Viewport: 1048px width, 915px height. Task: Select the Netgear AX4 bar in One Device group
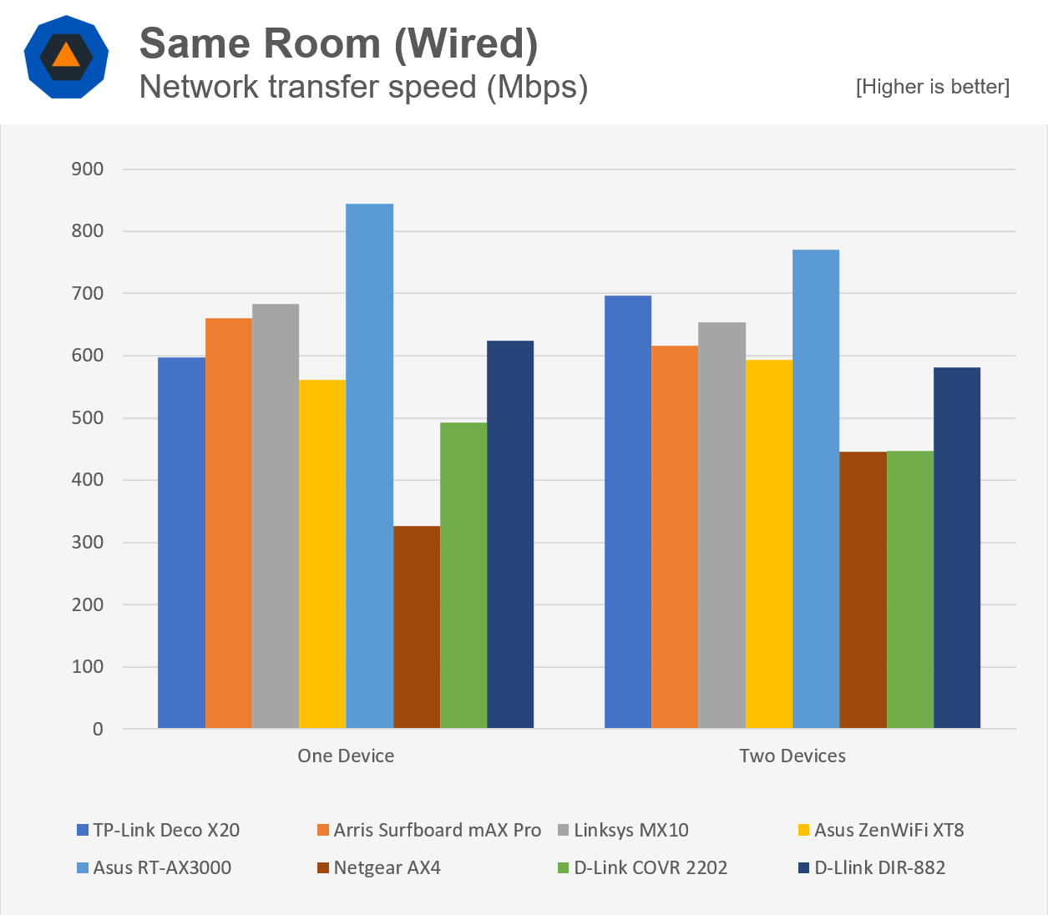(416, 627)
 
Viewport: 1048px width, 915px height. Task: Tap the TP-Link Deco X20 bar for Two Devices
(627, 512)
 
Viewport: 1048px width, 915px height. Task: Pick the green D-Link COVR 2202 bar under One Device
(463, 575)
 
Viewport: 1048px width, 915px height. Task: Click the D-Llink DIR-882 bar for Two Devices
(956, 548)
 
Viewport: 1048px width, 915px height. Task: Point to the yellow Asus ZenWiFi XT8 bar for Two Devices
(768, 543)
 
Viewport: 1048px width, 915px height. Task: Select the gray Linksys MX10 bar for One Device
(276, 516)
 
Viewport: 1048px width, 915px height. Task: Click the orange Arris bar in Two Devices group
(674, 537)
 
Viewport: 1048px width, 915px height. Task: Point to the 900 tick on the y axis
(87, 169)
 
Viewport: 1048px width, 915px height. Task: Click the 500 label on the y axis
(87, 418)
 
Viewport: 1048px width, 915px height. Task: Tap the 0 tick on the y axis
(98, 730)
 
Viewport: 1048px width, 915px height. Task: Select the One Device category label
(346, 756)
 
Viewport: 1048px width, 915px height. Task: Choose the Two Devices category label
(792, 756)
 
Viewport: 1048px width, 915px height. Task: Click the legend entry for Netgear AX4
(387, 868)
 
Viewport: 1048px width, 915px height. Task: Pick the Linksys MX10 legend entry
(630, 831)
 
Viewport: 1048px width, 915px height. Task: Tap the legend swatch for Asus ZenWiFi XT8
(803, 831)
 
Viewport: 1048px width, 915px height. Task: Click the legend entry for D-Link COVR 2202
(650, 868)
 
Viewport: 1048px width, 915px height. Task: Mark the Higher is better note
(932, 87)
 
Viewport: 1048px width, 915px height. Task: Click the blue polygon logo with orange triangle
(66, 57)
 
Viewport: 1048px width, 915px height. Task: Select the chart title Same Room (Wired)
(338, 43)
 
